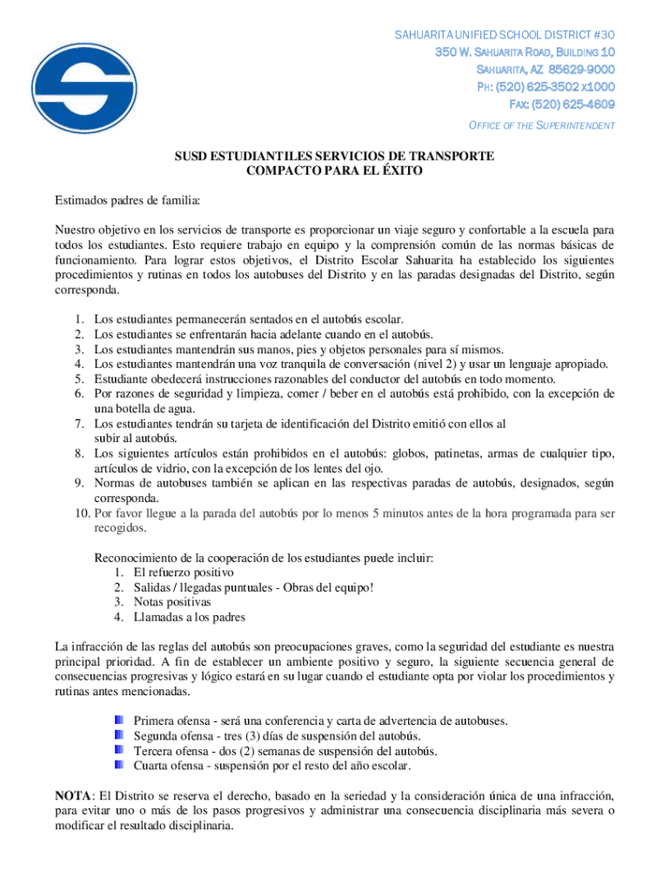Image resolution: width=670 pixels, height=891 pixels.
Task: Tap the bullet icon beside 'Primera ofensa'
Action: (119, 720)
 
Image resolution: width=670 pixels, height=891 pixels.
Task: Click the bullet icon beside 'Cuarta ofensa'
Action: (119, 766)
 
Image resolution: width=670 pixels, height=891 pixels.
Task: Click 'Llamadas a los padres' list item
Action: (190, 617)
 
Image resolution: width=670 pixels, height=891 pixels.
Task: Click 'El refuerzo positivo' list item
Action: (184, 573)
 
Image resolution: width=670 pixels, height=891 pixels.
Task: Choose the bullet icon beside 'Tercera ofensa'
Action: (119, 750)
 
